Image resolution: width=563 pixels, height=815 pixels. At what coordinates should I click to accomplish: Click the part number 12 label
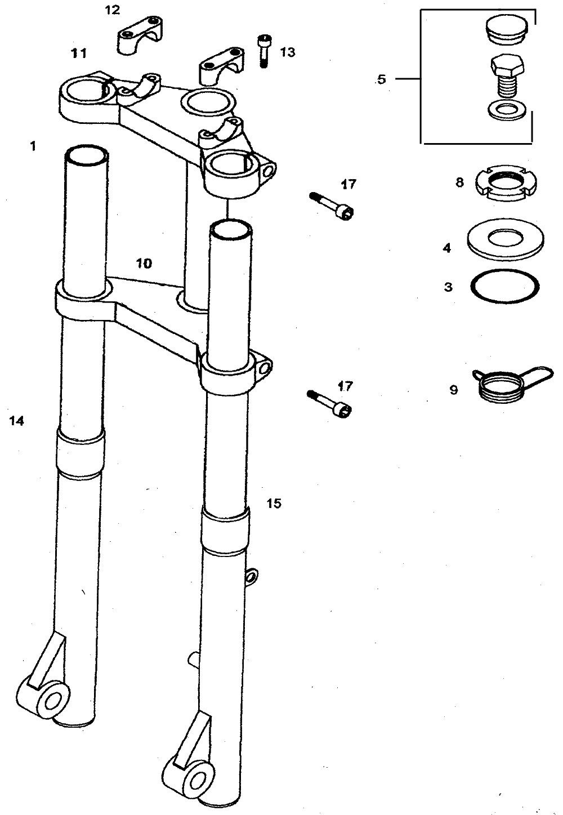(x=113, y=10)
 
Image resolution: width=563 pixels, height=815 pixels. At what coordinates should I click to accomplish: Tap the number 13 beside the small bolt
(x=288, y=52)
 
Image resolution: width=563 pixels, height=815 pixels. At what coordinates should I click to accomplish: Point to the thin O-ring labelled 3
(x=505, y=287)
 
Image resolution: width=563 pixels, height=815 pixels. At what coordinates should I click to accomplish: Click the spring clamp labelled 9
(x=511, y=385)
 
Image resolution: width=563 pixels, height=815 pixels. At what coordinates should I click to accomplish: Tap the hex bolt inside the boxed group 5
(x=507, y=76)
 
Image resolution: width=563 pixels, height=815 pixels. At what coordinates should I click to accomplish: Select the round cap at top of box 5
(x=506, y=32)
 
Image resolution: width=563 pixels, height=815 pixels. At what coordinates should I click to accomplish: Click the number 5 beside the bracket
(x=381, y=79)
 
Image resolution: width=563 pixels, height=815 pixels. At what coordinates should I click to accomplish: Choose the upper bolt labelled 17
(x=332, y=206)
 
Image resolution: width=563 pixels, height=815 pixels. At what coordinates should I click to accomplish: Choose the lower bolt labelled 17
(x=330, y=404)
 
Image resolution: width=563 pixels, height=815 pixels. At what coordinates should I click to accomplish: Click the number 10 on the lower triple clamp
(x=144, y=264)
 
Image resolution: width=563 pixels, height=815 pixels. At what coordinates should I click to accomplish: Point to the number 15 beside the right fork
(x=274, y=504)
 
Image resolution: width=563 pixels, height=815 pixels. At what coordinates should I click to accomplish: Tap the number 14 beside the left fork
(x=17, y=421)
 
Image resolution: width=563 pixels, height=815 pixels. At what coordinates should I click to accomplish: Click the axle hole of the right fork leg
(x=196, y=780)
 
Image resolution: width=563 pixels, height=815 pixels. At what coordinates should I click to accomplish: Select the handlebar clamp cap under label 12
(x=139, y=35)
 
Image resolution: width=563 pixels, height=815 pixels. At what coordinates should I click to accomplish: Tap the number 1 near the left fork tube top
(x=33, y=146)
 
